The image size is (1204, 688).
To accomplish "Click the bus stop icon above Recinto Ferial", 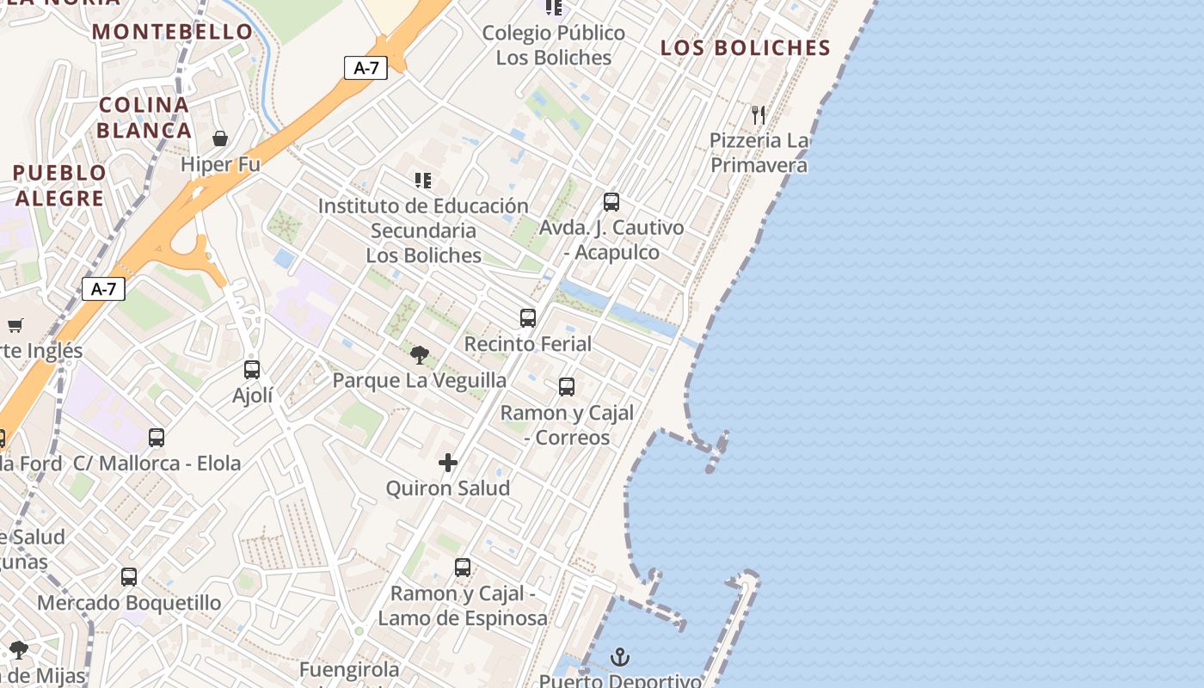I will (528, 318).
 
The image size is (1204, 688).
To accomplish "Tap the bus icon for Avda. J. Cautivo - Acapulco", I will (611, 202).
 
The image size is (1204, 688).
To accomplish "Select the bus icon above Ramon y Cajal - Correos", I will (567, 387).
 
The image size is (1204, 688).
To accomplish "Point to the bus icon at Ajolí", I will (252, 370).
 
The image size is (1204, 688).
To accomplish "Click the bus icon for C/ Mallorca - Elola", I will (157, 437).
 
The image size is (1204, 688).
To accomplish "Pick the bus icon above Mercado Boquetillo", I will (129, 577).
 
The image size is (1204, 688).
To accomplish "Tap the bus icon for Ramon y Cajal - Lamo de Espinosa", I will (463, 568).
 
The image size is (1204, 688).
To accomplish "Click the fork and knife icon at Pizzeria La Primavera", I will (759, 114).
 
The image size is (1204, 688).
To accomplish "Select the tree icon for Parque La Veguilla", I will (420, 354).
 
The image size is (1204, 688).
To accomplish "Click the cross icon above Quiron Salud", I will (448, 463).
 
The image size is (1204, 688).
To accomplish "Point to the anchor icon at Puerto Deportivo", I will (620, 658).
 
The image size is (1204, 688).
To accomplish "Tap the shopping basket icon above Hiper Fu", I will (220, 138).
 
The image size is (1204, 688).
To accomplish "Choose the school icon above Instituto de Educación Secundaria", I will (423, 181).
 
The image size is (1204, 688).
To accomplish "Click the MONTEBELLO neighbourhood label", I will (173, 32).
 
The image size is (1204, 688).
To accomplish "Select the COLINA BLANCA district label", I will (144, 118).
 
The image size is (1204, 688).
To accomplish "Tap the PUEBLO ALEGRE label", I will (59, 185).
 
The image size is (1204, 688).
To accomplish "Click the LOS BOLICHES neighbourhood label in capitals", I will (746, 48).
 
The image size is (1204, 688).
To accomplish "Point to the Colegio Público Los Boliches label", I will (554, 45).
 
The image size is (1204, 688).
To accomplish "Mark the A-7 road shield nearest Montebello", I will (365, 68).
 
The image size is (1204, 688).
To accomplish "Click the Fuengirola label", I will (349, 669).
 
